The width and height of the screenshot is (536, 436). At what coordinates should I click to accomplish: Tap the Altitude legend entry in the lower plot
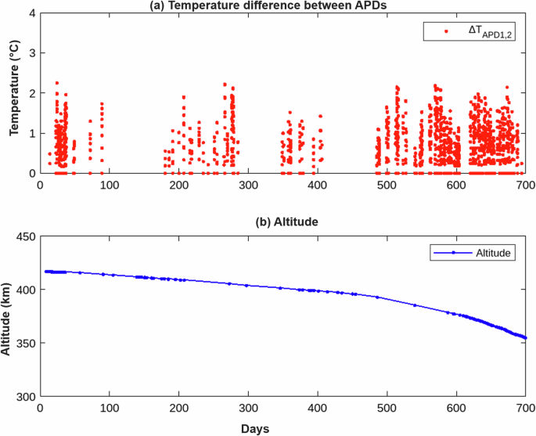click(492, 253)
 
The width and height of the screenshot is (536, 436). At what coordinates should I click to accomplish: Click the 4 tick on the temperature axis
click(31, 13)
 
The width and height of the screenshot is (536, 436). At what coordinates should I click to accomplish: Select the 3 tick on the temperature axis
click(31, 53)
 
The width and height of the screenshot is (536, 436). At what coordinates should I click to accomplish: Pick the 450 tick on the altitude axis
click(25, 235)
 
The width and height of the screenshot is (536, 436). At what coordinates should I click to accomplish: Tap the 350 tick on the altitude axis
click(25, 343)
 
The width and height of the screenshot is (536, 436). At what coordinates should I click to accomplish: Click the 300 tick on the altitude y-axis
click(25, 397)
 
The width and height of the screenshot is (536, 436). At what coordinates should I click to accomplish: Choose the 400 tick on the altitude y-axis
click(25, 289)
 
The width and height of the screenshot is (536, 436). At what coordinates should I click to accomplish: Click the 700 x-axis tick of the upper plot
click(525, 185)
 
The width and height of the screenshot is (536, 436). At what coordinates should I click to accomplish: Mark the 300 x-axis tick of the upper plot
click(248, 185)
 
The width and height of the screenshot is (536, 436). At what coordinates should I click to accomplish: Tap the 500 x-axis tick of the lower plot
click(387, 409)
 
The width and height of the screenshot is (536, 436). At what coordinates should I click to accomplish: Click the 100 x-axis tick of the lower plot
click(110, 409)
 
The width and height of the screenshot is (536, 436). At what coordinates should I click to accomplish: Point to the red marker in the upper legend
click(446, 31)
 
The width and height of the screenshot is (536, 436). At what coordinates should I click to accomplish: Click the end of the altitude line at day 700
click(525, 337)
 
